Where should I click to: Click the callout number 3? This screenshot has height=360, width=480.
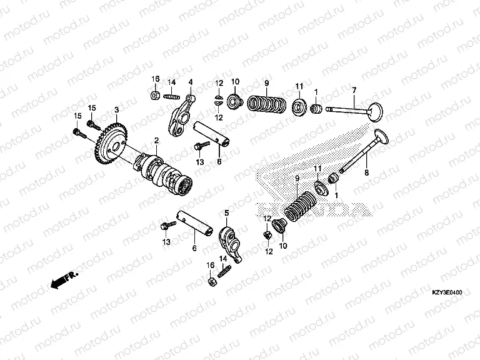pos(116,110)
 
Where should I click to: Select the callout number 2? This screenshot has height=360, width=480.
pos(156,141)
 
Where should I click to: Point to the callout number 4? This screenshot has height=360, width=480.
pos(191,82)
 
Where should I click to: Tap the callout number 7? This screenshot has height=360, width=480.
pos(353,92)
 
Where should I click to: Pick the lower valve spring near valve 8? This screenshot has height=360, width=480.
pos(302,203)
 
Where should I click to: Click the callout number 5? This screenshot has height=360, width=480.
pos(227,213)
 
